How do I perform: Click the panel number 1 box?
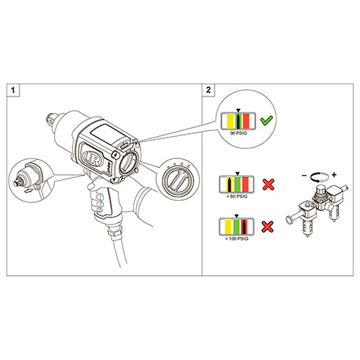13,90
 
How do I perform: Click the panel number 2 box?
208,90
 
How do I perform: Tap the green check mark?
266,120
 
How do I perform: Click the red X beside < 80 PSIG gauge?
269,184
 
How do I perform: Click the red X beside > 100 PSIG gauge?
267,227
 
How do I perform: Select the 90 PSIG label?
238,133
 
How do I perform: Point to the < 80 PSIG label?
237,197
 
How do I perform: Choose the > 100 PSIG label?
237,239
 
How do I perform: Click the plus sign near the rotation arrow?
334,175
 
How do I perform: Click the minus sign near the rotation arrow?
304,176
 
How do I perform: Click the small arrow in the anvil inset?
29,191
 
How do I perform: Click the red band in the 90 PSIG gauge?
246,121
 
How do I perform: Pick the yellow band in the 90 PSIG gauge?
230,121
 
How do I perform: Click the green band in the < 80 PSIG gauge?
237,184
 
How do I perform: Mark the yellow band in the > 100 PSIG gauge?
228,226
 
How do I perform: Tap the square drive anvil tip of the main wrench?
50,119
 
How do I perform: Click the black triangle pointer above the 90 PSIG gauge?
238,110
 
